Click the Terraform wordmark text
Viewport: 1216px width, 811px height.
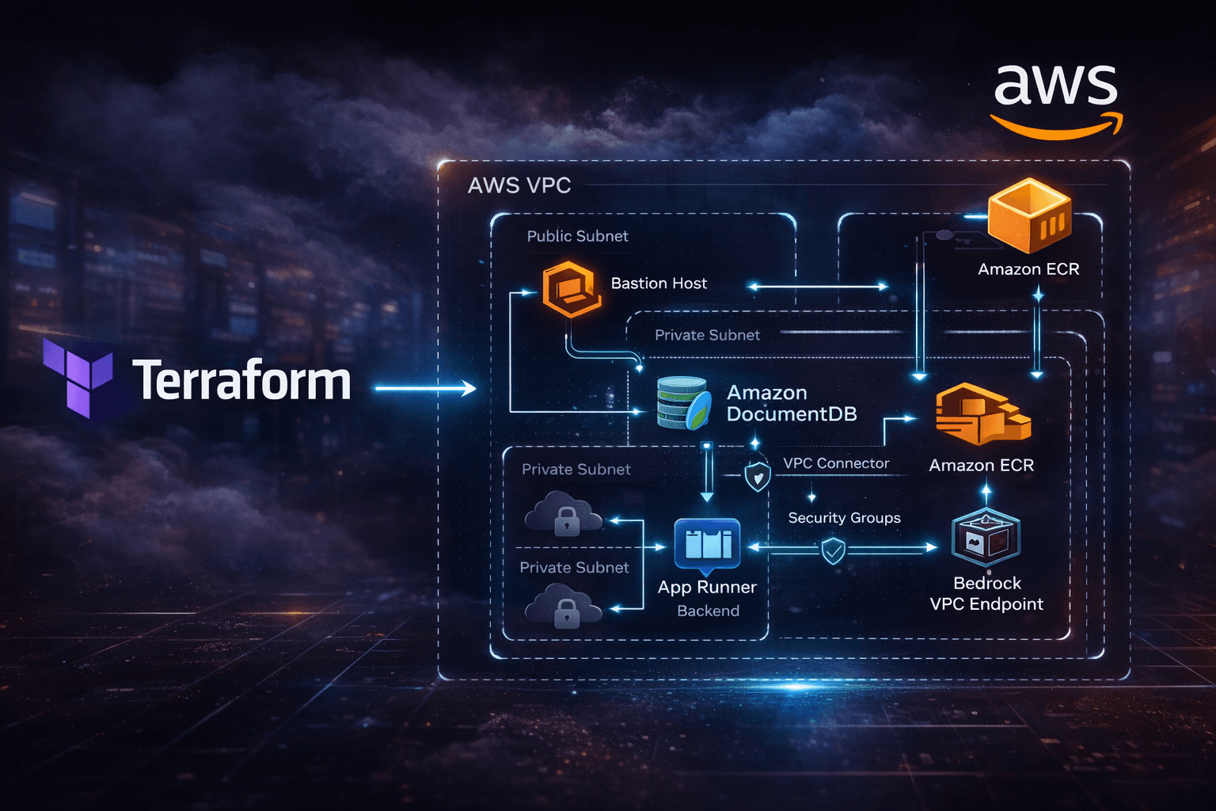click(241, 381)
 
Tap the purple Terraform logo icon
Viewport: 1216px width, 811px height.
click(78, 378)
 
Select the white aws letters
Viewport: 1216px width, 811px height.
click(1055, 86)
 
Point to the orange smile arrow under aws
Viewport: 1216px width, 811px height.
click(1057, 127)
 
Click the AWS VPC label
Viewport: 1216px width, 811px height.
click(519, 185)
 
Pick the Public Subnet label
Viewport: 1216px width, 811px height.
click(577, 236)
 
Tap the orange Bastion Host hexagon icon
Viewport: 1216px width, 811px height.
click(570, 289)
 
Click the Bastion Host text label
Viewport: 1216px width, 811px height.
click(659, 284)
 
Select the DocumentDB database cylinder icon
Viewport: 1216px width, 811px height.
click(682, 403)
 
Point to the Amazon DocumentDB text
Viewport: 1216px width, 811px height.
click(791, 403)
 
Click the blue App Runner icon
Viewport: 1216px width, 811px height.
click(707, 544)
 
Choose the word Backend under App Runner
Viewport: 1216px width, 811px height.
click(708, 611)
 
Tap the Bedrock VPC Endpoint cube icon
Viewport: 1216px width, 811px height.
click(986, 538)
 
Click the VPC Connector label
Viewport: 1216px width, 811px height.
click(836, 463)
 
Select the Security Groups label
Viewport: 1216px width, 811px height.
click(844, 518)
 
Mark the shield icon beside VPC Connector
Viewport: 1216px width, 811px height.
click(758, 476)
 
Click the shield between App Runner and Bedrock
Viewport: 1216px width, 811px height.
click(833, 550)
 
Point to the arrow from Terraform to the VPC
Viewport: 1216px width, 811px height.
click(425, 388)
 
